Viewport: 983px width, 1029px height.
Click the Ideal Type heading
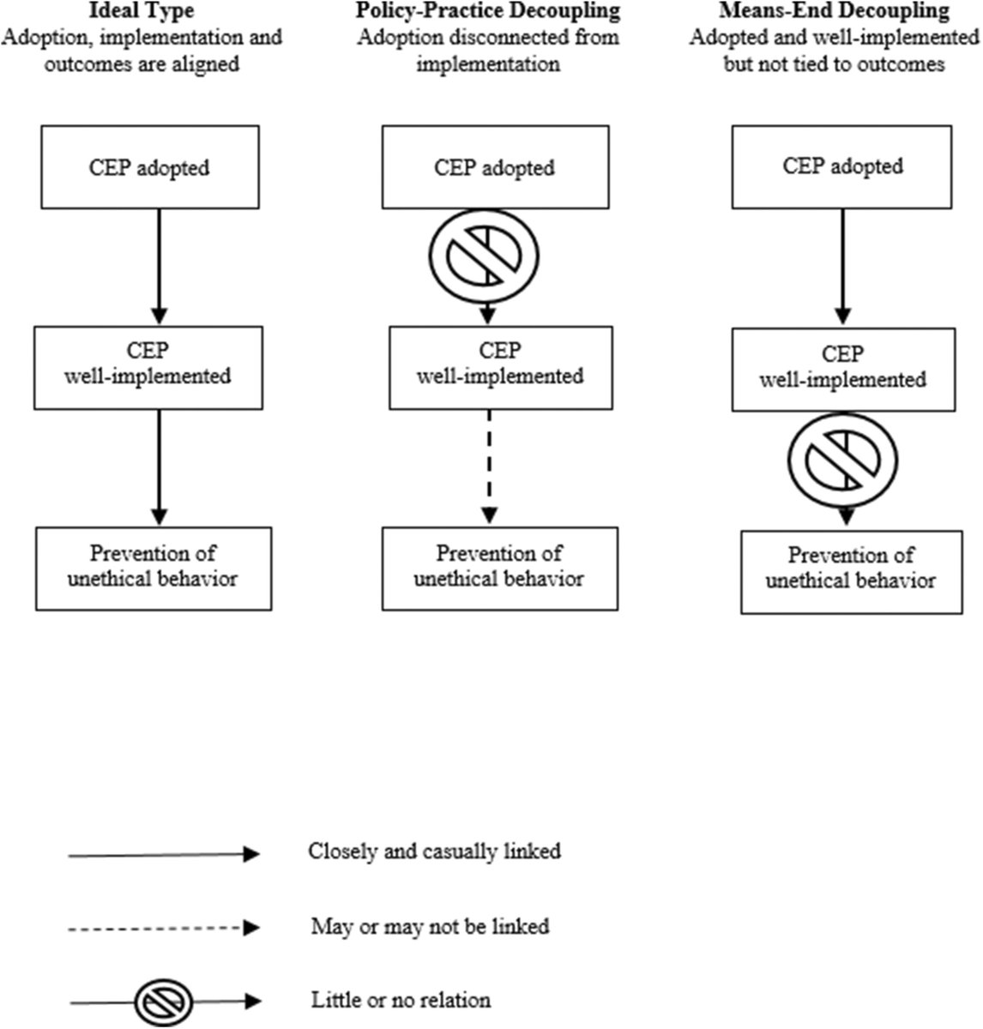tap(142, 11)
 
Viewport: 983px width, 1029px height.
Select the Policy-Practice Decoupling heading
tap(488, 11)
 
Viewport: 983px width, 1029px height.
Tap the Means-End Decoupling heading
tap(835, 11)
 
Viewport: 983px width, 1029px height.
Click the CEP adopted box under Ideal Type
tap(150, 167)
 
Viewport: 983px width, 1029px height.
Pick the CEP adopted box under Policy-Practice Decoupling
tap(496, 167)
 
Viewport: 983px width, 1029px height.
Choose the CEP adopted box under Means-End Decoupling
tap(841, 167)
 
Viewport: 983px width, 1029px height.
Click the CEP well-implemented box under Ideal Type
tap(148, 368)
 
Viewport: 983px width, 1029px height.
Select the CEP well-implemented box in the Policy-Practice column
tap(501, 368)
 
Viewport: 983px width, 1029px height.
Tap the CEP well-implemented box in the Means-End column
tap(844, 370)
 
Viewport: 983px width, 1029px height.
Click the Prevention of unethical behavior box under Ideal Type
tap(154, 569)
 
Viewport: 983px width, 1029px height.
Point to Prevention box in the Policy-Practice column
tap(500, 569)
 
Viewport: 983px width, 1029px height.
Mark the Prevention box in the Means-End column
tap(852, 572)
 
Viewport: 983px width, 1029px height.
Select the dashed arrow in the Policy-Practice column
tap(490, 467)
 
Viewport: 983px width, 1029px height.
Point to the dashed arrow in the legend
tap(164, 928)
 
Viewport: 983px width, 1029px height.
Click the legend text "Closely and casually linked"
tap(434, 851)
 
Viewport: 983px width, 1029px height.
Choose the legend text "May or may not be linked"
tap(430, 927)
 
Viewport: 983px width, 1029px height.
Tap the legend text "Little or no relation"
tap(401, 1001)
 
